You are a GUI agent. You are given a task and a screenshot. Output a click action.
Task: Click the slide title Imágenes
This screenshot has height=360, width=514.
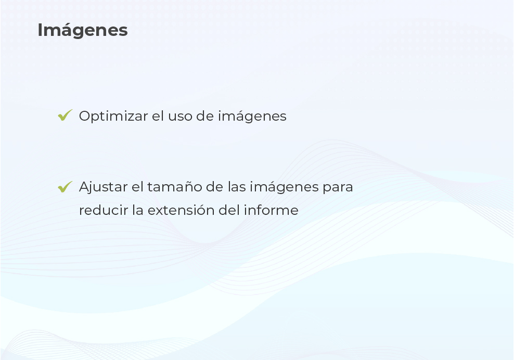(x=83, y=31)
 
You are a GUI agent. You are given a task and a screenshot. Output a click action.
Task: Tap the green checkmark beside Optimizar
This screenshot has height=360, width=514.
(x=65, y=115)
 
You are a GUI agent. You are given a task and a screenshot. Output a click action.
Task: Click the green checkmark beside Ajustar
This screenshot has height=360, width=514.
(x=65, y=187)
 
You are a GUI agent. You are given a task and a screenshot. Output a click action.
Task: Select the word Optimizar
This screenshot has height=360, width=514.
(x=113, y=117)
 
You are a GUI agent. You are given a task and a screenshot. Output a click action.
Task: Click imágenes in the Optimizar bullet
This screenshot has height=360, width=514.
(x=252, y=117)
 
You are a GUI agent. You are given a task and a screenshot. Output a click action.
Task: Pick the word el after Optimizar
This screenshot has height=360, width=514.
(x=158, y=116)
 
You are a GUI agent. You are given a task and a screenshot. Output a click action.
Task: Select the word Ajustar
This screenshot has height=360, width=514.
(x=103, y=187)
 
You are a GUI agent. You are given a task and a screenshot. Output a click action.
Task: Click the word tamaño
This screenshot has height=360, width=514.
(x=175, y=187)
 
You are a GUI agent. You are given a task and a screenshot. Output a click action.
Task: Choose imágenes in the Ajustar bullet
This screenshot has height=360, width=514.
(x=284, y=187)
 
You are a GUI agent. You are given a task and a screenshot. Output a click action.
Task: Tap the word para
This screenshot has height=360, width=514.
(x=338, y=188)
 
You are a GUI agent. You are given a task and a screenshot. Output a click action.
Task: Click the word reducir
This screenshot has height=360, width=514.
(x=104, y=210)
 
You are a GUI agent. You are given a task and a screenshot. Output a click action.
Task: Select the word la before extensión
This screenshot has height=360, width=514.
(x=138, y=210)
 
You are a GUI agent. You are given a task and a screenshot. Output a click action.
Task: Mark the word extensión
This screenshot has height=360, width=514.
(x=181, y=210)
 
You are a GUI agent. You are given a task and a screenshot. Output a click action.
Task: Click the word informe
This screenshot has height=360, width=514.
(x=271, y=210)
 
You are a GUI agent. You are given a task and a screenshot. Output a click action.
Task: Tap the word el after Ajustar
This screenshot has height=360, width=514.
(x=137, y=187)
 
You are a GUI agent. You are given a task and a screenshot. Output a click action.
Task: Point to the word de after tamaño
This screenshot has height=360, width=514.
(x=215, y=187)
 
